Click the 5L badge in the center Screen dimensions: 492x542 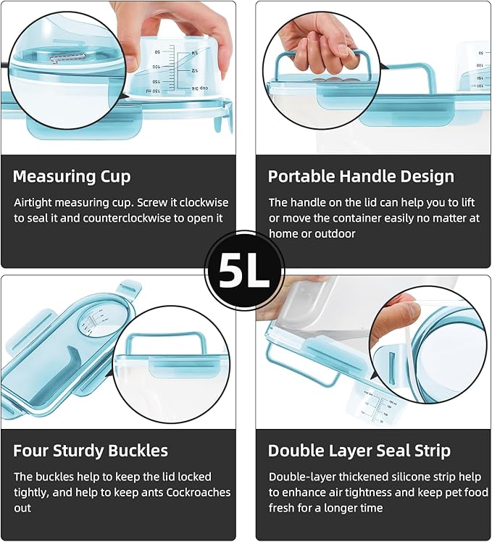pyautogui.click(x=245, y=270)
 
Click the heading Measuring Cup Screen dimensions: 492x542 pyautogui.click(x=72, y=176)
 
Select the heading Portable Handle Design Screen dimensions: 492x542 pyautogui.click(x=361, y=176)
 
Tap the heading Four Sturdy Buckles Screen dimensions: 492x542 pyautogui.click(x=91, y=451)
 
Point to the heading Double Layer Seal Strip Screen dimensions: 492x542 pyautogui.click(x=359, y=451)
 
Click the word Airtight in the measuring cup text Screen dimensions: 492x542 pyautogui.click(x=33, y=203)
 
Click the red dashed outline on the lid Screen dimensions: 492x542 pyautogui.click(x=67, y=58)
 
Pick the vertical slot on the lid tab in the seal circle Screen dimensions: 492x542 pyautogui.click(x=393, y=368)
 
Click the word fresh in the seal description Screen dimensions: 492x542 pyautogui.click(x=281, y=508)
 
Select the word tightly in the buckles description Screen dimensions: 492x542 pyautogui.click(x=30, y=493)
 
